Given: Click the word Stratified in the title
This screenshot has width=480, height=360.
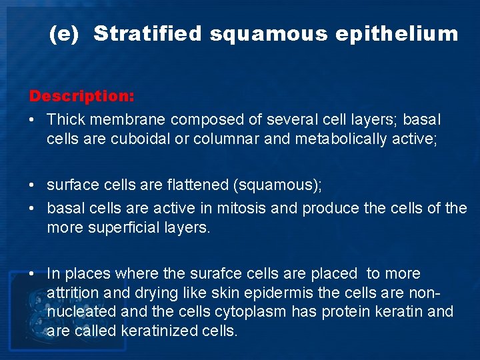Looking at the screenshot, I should click(x=147, y=34).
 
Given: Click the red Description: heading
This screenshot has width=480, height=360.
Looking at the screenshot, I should click(x=82, y=96).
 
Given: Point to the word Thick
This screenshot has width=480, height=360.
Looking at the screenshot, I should click(x=66, y=120).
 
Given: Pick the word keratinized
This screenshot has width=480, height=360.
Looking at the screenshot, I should click(x=161, y=331).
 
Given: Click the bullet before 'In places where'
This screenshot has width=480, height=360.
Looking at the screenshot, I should click(x=33, y=273).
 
